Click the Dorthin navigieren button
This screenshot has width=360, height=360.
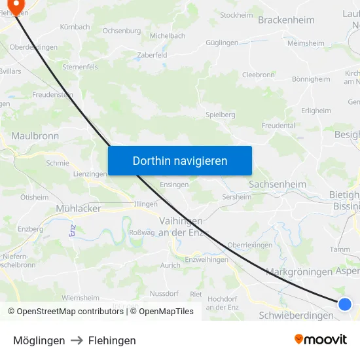[179, 160]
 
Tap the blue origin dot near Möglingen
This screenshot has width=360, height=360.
[345, 304]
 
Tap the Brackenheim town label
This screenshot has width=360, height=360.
[286, 20]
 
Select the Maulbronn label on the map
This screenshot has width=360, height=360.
[35, 136]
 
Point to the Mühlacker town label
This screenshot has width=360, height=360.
[78, 208]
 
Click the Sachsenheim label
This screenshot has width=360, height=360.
[277, 185]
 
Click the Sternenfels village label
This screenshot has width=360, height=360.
[79, 67]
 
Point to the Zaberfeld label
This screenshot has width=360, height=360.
[152, 56]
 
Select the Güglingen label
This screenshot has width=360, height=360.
[222, 43]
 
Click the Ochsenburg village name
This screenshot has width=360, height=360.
[122, 31]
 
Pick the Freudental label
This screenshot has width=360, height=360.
[278, 125]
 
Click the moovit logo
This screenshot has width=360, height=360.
[320, 339]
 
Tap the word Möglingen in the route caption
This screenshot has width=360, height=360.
[39, 340]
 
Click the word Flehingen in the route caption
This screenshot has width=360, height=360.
[112, 340]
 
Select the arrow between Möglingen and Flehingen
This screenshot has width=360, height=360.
[77, 340]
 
